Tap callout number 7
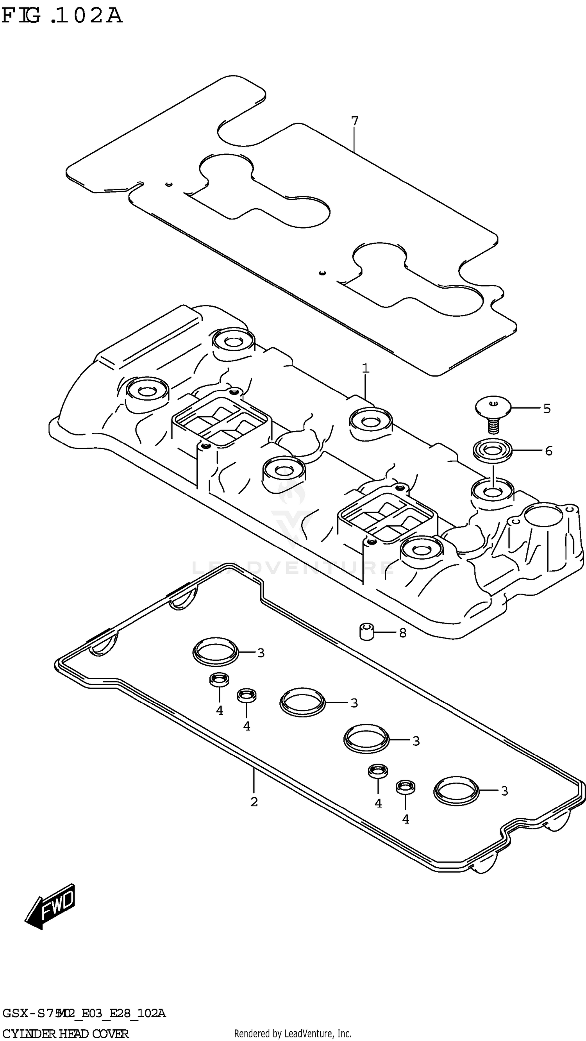[354, 121]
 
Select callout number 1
[365, 368]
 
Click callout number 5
[547, 409]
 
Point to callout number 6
[548, 451]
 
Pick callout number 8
[402, 633]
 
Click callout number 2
[254, 802]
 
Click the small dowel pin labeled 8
[366, 632]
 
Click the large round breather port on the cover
[543, 518]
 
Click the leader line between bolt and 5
[525, 409]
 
